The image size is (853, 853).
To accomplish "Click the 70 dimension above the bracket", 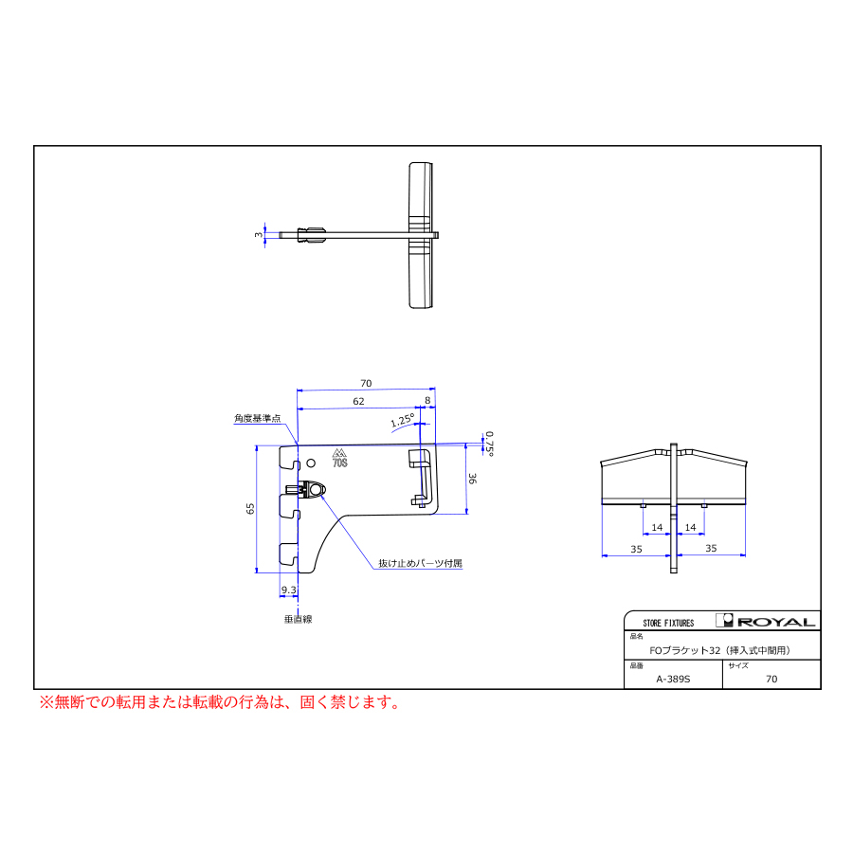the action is pos(366,384).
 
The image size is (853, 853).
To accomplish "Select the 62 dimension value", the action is pos(358,402).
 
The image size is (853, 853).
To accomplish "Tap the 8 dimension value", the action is pos(427,400).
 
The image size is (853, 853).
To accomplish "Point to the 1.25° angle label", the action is pos(403,420).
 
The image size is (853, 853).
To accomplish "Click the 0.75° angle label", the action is pos(490,444).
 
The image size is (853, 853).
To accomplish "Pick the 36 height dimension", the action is pos(472,479).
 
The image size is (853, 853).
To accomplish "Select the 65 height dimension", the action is pos(250,509).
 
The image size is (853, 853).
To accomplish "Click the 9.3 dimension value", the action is pos(289,590).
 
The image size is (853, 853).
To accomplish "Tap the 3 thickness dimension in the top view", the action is pos(259,235).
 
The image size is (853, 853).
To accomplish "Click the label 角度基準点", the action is pos(257,418).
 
